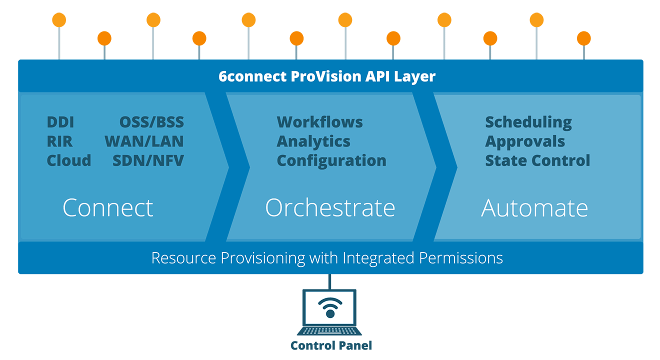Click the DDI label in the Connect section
point(60,122)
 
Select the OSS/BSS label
point(151,122)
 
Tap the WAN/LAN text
point(144,141)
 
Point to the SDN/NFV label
point(148,160)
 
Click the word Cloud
point(69,160)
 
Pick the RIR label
point(59,141)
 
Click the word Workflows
point(319,122)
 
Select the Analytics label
point(313,141)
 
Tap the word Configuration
point(331,161)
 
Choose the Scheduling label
point(528,122)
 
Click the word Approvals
point(525,141)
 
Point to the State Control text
point(537,160)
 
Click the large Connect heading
point(108,207)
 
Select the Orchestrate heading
point(330,207)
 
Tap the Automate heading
point(534,208)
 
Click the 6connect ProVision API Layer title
point(327,76)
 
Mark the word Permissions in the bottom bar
point(461,258)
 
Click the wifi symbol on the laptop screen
point(330,307)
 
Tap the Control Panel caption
point(331,345)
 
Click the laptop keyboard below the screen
point(329,331)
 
